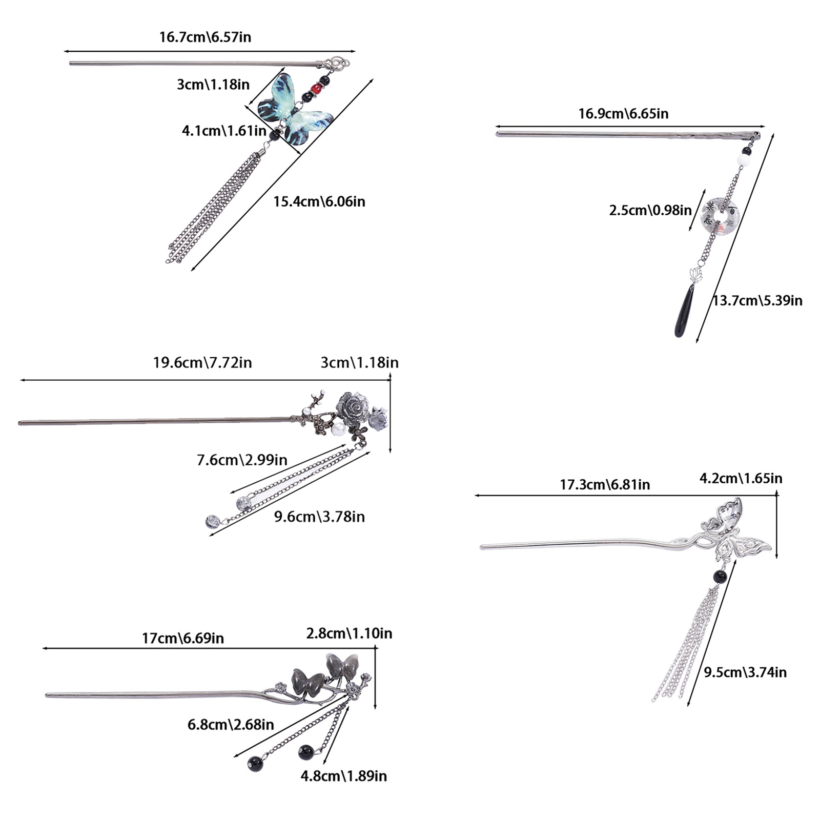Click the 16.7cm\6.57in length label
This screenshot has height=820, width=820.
click(205, 37)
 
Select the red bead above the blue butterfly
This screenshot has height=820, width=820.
click(315, 89)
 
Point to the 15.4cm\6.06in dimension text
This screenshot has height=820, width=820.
click(319, 201)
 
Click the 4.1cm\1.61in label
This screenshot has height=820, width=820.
click(224, 131)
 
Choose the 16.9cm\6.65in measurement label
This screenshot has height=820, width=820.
click(623, 113)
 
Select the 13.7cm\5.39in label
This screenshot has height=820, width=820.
click(757, 300)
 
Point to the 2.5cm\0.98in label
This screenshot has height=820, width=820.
click(650, 210)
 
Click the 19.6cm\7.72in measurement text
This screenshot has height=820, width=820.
click(202, 363)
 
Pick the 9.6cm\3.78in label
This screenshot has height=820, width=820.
click(319, 517)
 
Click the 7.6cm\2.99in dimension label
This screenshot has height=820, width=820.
click(242, 460)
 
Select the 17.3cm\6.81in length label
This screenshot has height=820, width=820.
click(605, 484)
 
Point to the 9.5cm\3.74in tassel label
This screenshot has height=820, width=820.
click(745, 672)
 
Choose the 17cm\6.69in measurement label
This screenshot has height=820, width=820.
click(183, 638)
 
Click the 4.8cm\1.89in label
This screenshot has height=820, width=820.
click(343, 776)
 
